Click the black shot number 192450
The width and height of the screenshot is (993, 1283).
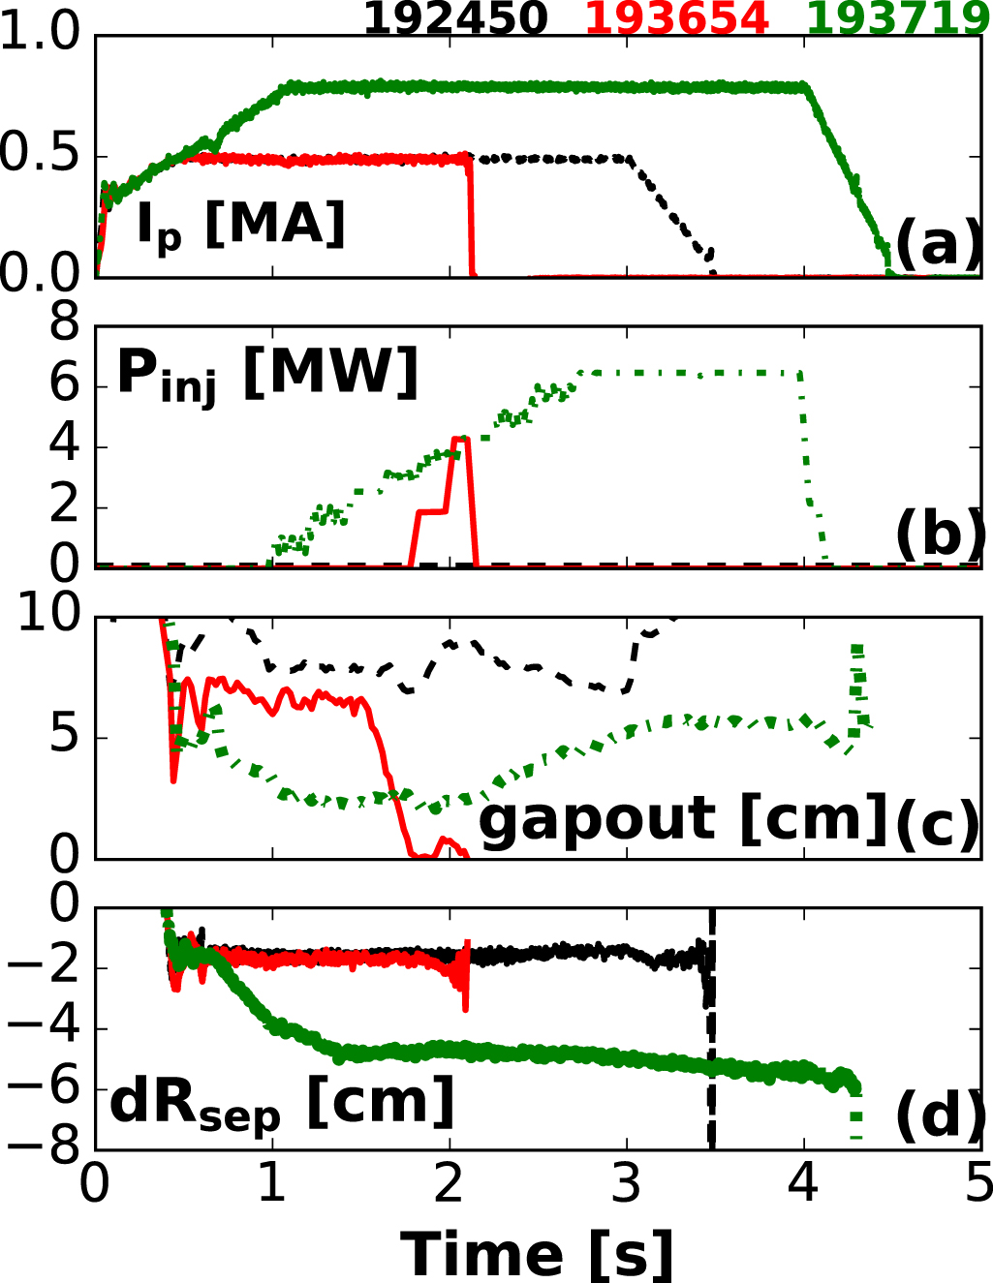(455, 17)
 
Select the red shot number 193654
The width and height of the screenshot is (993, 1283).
(677, 17)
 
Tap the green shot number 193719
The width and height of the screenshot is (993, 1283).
(899, 17)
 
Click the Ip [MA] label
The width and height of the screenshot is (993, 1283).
(240, 227)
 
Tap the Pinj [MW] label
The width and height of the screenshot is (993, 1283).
(267, 374)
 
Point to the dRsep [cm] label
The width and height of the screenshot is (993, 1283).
(281, 1104)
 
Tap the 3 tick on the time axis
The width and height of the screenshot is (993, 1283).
(627, 1183)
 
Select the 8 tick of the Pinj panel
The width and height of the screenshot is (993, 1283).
(65, 323)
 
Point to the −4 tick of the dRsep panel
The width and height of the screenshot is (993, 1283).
(41, 1028)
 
